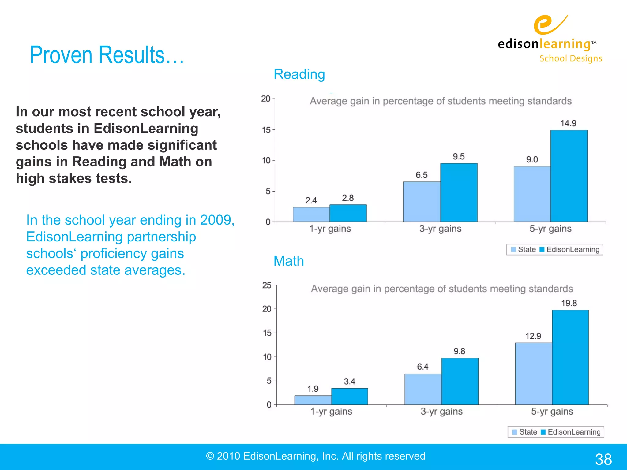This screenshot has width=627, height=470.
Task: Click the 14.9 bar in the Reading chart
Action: click(569, 176)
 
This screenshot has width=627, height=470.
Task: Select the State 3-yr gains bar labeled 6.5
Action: click(422, 202)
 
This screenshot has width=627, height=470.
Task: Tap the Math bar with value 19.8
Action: click(570, 357)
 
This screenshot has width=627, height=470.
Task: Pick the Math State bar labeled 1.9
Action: click(313, 400)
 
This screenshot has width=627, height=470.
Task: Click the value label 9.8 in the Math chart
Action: click(459, 351)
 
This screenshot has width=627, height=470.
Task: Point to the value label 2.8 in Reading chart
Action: click(348, 198)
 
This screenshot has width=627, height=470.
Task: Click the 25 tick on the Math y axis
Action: click(267, 285)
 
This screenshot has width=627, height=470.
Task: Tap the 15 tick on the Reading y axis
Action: click(266, 130)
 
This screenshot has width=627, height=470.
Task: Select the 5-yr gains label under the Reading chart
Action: click(550, 229)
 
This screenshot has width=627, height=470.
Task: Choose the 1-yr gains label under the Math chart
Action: click(331, 412)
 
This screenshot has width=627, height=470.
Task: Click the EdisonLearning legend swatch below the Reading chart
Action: click(542, 249)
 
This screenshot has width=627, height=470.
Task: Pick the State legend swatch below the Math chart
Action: click(515, 432)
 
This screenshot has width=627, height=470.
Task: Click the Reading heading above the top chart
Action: click(299, 74)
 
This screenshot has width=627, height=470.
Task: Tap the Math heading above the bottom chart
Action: click(288, 261)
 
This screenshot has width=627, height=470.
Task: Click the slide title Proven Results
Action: click(107, 55)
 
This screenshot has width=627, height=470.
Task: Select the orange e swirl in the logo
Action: click(546, 25)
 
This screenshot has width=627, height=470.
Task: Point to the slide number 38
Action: click(603, 459)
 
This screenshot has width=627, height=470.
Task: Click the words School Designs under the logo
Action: click(571, 58)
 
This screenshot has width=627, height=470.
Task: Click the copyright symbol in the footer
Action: click(210, 456)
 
